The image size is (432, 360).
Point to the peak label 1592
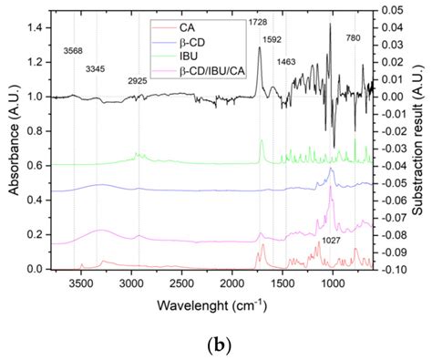[x=273, y=40]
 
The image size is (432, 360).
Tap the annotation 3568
[x=76, y=50]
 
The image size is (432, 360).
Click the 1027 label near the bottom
[x=334, y=241]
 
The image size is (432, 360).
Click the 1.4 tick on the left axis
[x=34, y=28]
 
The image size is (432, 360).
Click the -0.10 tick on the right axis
[x=395, y=270]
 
